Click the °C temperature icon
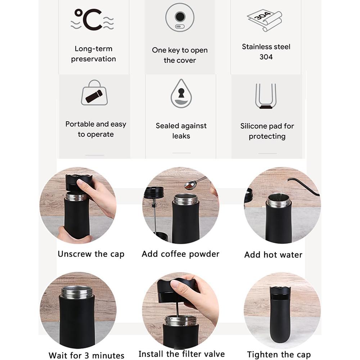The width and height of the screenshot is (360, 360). point(92,19)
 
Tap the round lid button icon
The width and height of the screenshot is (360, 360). point(180,17)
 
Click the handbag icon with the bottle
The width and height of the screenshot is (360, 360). point(94,93)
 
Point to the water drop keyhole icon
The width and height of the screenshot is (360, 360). point(181,93)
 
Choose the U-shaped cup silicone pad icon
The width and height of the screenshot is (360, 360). point(266,96)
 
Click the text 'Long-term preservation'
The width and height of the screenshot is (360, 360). point(94,54)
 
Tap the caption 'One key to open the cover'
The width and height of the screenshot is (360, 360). point(180,55)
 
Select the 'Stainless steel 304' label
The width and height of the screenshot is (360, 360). point(266,51)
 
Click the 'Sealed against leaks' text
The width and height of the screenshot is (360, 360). point(181,131)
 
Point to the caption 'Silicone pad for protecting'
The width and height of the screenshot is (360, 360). point(267,131)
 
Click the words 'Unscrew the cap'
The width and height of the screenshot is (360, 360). point(91,254)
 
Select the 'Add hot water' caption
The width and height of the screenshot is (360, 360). point(273,255)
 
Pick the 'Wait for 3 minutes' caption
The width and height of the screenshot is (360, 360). point(86,355)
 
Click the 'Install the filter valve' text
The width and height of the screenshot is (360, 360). point(181,354)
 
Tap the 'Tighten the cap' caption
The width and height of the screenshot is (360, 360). point(279,355)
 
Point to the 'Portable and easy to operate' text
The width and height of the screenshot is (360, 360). point(96,129)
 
